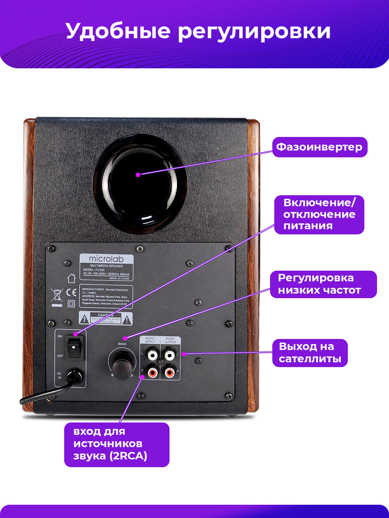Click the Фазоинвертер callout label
tap(319, 147)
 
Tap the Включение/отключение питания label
tap(319, 214)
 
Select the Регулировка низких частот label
tap(323, 284)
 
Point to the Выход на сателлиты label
tap(310, 353)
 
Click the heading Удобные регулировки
tap(198, 31)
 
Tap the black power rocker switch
tap(75, 348)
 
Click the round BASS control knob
tap(122, 363)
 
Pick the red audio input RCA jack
tap(152, 373)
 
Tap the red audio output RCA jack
tap(170, 373)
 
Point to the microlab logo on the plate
tap(106, 259)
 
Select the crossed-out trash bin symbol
tap(57, 295)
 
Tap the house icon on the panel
tap(71, 278)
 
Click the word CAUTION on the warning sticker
tap(106, 315)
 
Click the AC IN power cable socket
tap(75, 377)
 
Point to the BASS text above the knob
tap(122, 344)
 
